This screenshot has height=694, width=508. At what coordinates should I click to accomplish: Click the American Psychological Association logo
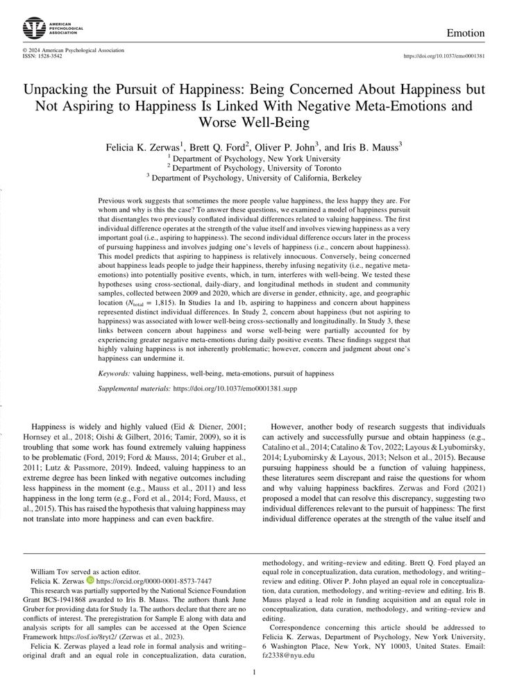tap(33, 28)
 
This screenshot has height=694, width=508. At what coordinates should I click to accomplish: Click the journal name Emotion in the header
tap(465, 33)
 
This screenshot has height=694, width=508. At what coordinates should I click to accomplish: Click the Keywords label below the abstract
tap(115, 373)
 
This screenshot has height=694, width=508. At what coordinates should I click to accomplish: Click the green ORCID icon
tap(90, 581)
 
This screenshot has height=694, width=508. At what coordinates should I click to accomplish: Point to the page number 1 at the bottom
tap(255, 672)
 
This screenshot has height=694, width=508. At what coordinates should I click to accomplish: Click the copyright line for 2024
tap(73, 50)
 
